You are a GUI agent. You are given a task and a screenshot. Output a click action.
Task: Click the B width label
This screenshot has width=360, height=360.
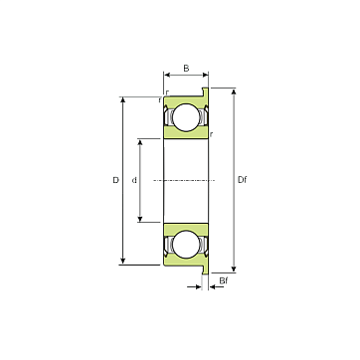tap(186, 69)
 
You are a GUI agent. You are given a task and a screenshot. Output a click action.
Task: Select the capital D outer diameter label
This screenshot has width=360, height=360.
tap(115, 180)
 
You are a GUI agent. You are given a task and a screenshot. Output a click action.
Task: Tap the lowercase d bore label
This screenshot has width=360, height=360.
tap(134, 180)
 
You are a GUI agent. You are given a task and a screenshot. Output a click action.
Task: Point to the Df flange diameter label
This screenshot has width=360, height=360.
tap(243, 180)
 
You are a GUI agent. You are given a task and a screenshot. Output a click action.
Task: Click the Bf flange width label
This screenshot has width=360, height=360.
tap(224, 280)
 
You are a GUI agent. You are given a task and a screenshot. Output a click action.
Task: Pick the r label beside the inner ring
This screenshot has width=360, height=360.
tap(212, 134)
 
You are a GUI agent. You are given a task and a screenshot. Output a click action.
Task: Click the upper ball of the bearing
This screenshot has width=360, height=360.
tap(186, 117)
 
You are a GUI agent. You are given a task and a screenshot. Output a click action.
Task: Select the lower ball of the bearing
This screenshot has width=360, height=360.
tap(186, 244)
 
